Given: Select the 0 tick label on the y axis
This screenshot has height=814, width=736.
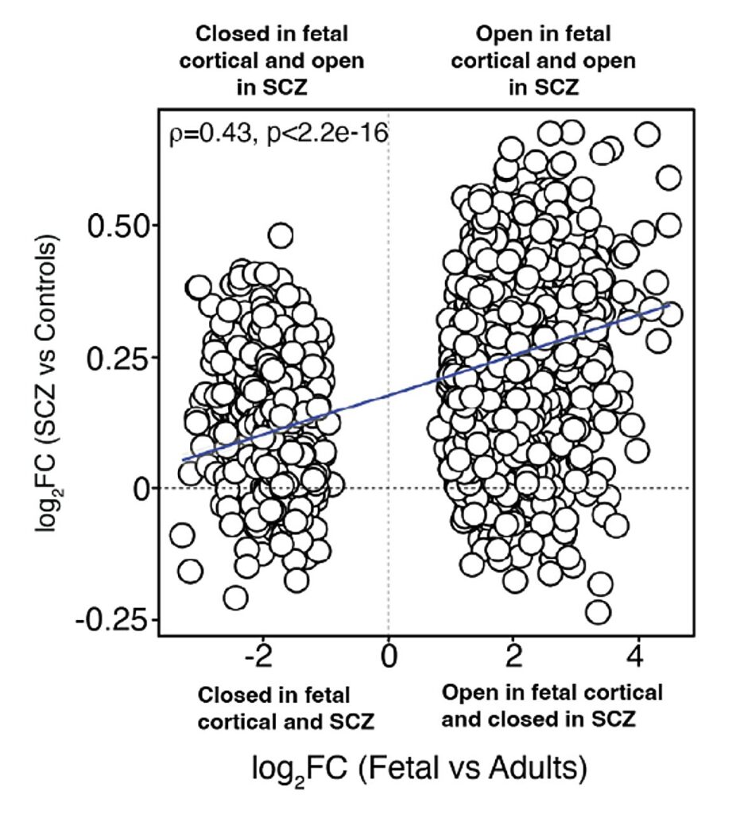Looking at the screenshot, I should [x=141, y=488].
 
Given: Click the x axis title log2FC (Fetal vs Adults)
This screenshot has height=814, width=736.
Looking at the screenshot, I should [x=420, y=769].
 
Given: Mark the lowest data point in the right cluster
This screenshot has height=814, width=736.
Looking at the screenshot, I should [x=597, y=612].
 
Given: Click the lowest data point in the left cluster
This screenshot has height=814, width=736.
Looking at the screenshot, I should [x=235, y=597].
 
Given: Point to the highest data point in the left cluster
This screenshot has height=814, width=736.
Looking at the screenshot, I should [x=281, y=235].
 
